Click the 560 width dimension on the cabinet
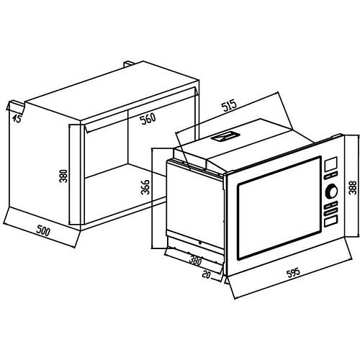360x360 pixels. pyautogui.click(x=148, y=119)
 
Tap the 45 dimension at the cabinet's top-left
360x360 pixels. pyautogui.click(x=17, y=118)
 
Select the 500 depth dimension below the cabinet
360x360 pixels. pyautogui.click(x=43, y=231)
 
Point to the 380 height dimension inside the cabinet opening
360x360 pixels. pyautogui.click(x=64, y=176)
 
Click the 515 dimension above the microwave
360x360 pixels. pyautogui.click(x=229, y=105)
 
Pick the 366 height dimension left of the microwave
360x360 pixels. pyautogui.click(x=145, y=187)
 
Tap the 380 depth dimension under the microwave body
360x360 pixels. pyautogui.click(x=195, y=261)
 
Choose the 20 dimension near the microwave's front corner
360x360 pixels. pyautogui.click(x=207, y=274)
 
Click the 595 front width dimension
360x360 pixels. pyautogui.click(x=294, y=273)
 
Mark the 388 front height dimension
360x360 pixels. pyautogui.click(x=353, y=187)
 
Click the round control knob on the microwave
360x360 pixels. pyautogui.click(x=331, y=192)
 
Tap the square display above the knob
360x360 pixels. pyautogui.click(x=330, y=164)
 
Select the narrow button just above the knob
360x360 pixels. pyautogui.click(x=330, y=176)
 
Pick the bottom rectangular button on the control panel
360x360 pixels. pyautogui.click(x=330, y=221)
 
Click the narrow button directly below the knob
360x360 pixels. pyautogui.click(x=330, y=205)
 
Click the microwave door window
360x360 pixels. pyautogui.click(x=279, y=208)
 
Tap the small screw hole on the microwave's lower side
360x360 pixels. pyautogui.click(x=200, y=243)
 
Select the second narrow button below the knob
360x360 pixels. pyautogui.click(x=330, y=212)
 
